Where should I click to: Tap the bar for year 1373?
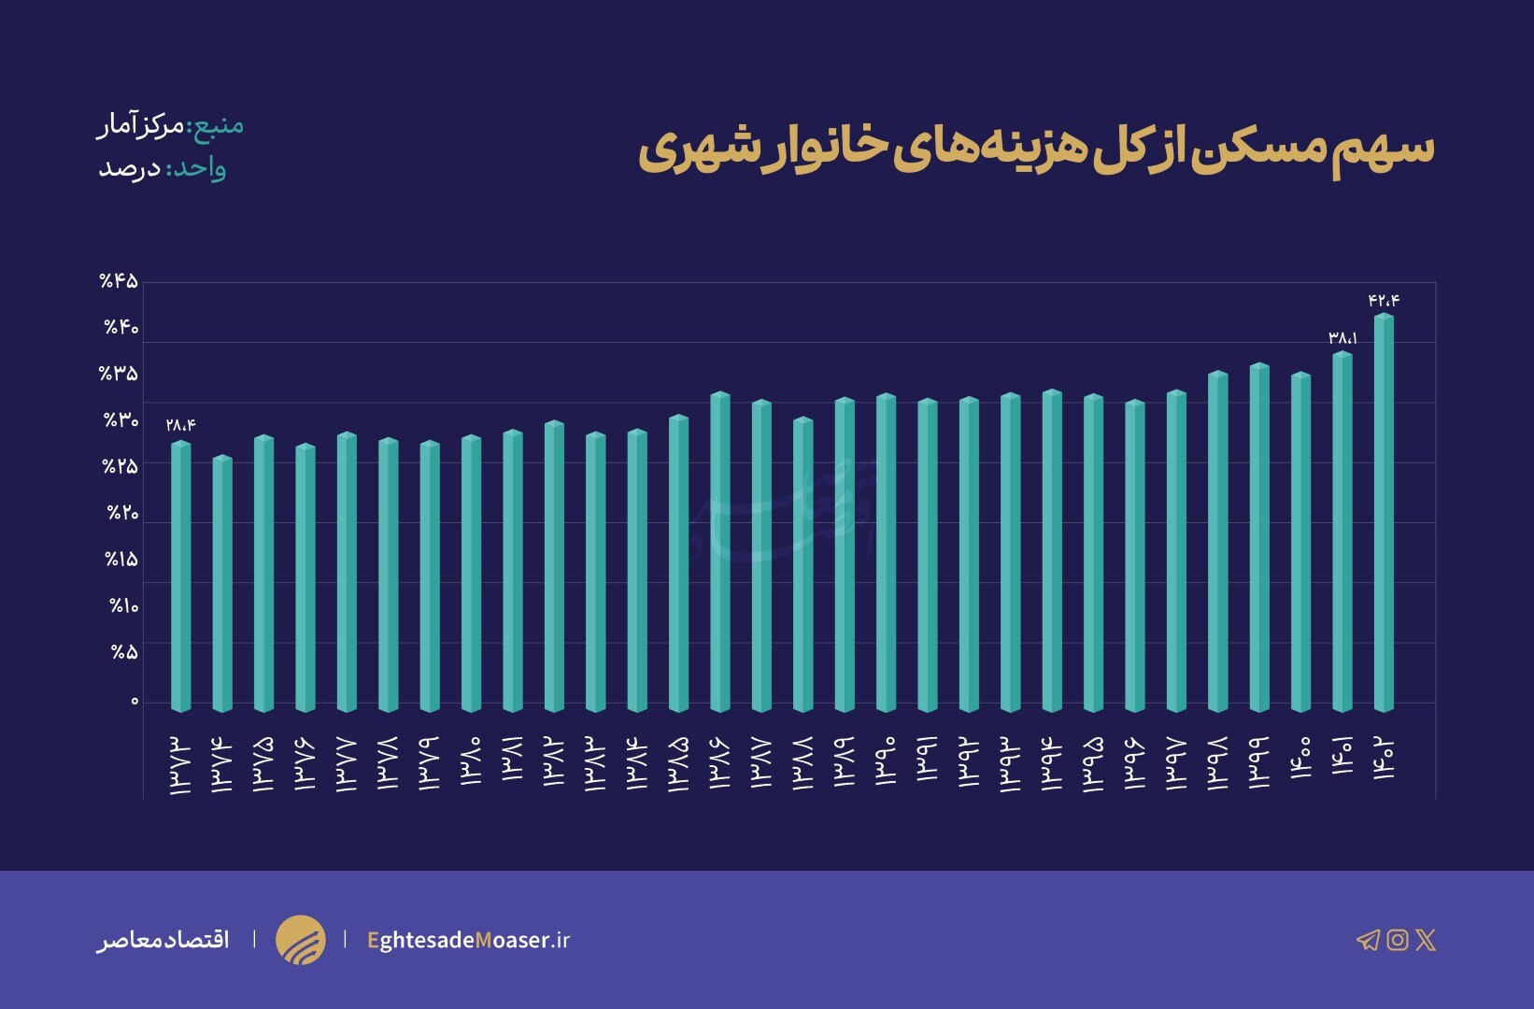[180, 576]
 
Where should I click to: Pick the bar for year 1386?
[720, 551]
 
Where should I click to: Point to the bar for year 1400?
[1300, 542]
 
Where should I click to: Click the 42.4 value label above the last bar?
[1384, 300]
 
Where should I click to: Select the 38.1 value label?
[1342, 338]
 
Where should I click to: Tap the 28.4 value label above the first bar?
[180, 425]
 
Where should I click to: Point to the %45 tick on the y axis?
[120, 281]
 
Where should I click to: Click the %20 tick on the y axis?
[122, 513]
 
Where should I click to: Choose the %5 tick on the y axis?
[125, 652]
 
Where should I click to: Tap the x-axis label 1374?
[221, 764]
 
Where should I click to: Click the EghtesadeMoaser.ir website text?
[468, 940]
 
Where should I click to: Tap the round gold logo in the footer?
[301, 940]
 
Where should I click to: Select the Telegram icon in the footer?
[1368, 940]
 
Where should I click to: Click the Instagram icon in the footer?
[1398, 940]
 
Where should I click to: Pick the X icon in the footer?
[1426, 940]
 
